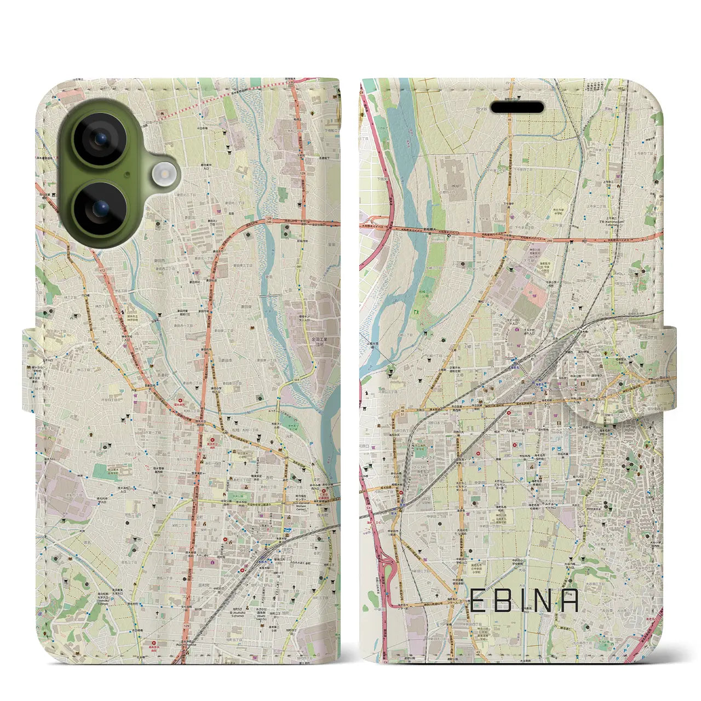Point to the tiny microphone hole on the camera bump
pyautogui.click(x=131, y=174)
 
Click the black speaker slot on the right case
pyautogui.click(x=516, y=107)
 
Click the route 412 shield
pyautogui.click(x=87, y=270)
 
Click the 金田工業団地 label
pyautogui.click(x=319, y=343)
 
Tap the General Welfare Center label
pyautogui.click(x=325, y=497)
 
